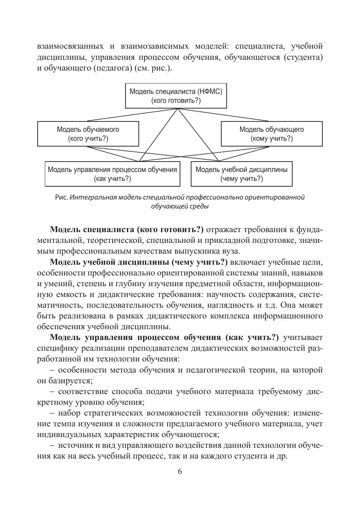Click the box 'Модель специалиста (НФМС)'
(x=176, y=96)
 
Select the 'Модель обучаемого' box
(x=88, y=134)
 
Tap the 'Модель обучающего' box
(x=271, y=134)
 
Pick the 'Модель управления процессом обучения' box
(x=112, y=174)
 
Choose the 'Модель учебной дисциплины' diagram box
(x=241, y=174)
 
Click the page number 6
(x=180, y=471)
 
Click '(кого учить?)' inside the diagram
(x=88, y=138)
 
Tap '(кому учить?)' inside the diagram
(x=272, y=138)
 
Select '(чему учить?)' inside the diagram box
(x=242, y=178)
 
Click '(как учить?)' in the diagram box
(x=112, y=178)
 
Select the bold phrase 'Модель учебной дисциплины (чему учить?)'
(x=139, y=262)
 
